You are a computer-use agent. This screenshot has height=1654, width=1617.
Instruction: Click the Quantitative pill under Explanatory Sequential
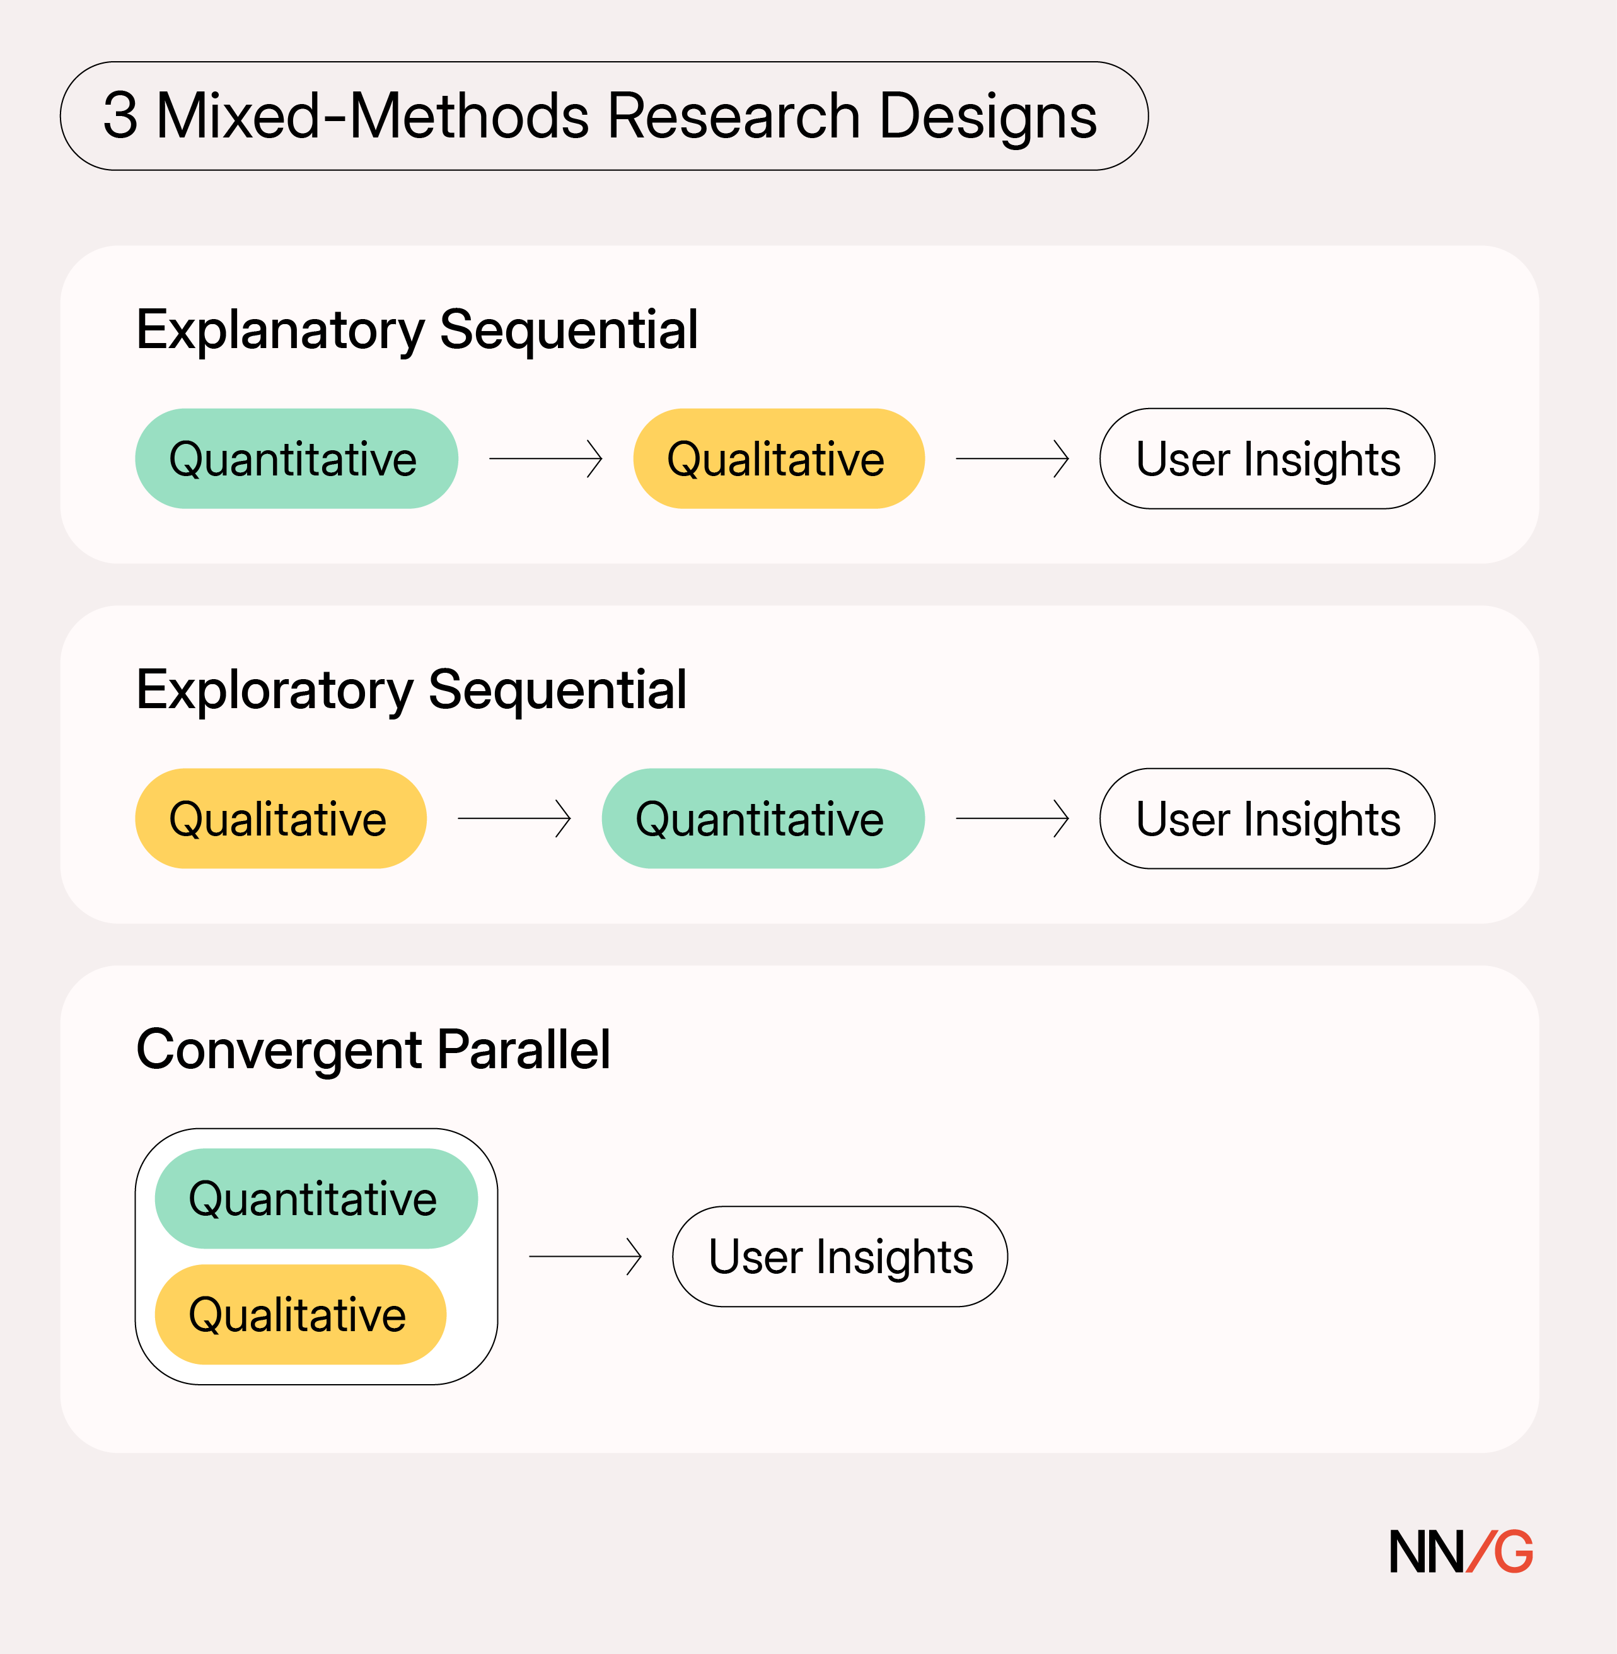(296, 458)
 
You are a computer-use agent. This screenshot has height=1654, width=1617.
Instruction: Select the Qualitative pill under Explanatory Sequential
(778, 458)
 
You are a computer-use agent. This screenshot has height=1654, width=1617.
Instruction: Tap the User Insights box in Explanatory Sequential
(1266, 458)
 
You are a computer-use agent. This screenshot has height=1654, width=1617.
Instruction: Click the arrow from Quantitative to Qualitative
(545, 458)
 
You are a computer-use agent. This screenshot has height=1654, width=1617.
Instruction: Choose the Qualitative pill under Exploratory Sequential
(281, 818)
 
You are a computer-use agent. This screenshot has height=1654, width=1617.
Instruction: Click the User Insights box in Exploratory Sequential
(1266, 818)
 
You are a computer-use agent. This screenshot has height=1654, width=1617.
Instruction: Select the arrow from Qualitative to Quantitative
(514, 818)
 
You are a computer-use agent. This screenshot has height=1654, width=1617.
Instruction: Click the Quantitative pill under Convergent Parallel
(315, 1198)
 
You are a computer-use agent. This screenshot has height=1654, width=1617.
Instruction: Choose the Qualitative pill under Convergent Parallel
(300, 1314)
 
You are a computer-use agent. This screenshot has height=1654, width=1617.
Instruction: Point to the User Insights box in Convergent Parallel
(839, 1257)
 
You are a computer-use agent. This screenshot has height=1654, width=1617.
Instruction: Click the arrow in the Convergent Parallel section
(584, 1257)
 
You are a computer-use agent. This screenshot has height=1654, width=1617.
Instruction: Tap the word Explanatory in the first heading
(279, 330)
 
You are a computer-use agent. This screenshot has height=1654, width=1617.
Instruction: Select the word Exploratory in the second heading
(274, 689)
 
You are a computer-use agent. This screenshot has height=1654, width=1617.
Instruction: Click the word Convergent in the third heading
(279, 1049)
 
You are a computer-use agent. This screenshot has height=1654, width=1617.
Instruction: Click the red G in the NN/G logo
(1512, 1551)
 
